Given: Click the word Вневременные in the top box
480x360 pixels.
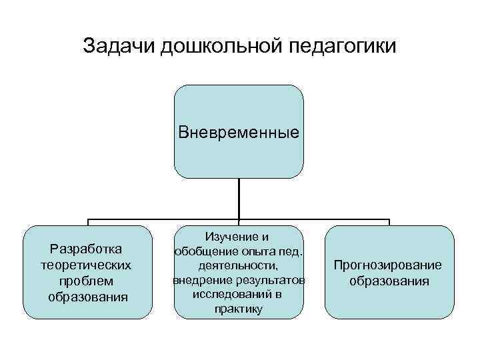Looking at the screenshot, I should (x=239, y=132).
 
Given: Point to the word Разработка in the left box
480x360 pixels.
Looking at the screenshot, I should (x=87, y=249).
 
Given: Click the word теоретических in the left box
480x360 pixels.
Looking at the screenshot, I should (x=87, y=265).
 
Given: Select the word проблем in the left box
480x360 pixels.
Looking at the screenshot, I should (x=87, y=280).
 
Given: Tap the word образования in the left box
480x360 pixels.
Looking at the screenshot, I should (x=87, y=295).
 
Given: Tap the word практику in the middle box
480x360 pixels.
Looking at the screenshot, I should (x=239, y=309).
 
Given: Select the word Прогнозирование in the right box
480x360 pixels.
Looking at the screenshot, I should (x=389, y=265).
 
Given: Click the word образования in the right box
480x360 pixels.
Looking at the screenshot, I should (x=389, y=281).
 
